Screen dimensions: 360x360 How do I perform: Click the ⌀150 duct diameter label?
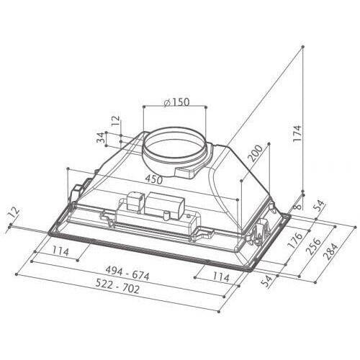[176, 102]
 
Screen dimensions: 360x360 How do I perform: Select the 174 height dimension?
[297, 133]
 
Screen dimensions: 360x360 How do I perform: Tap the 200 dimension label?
[256, 154]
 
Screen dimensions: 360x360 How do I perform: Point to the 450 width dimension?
[154, 179]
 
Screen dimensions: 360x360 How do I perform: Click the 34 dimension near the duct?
[101, 138]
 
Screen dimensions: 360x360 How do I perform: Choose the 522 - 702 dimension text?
[117, 287]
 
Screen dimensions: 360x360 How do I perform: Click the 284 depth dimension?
[330, 251]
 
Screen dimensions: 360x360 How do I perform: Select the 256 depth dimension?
[313, 246]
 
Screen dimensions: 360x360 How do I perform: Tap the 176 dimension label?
[295, 240]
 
